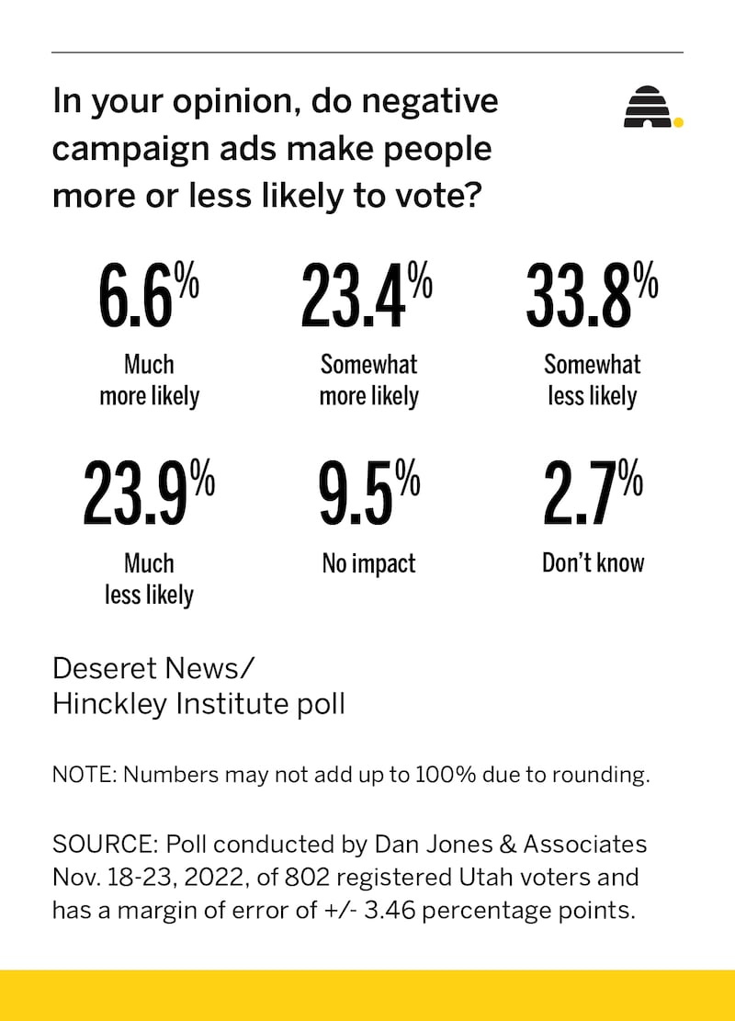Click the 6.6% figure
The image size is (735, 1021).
click(x=148, y=295)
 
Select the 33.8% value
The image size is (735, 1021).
click(x=591, y=295)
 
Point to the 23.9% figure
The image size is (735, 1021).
click(x=148, y=493)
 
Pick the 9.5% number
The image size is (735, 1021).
click(x=368, y=493)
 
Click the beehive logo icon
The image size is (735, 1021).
click(x=648, y=108)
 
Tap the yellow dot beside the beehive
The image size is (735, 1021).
click(x=678, y=120)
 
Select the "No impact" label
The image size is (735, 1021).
click(x=368, y=563)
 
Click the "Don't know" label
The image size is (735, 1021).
click(x=593, y=562)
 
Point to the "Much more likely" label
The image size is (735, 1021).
click(x=149, y=380)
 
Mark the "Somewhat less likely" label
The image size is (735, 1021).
click(x=593, y=380)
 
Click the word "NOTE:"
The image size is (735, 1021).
click(x=85, y=775)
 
